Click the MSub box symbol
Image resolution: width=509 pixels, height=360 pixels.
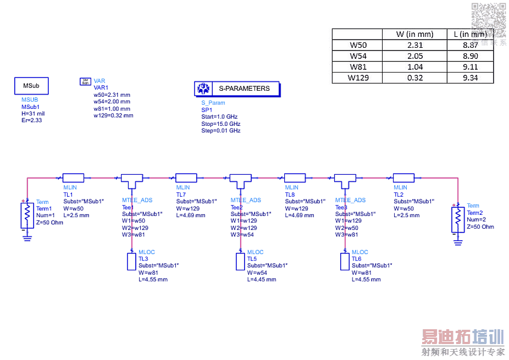[x=31, y=86]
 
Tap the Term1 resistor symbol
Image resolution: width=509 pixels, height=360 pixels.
[x=25, y=215]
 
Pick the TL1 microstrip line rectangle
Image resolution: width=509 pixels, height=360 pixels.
[x=74, y=178]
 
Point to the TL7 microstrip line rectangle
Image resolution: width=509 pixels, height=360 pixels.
[x=186, y=178]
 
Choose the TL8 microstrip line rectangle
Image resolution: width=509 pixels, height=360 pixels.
[x=295, y=178]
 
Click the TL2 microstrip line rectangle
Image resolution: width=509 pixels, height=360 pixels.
[x=403, y=178]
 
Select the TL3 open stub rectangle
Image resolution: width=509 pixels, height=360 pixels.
[x=131, y=262]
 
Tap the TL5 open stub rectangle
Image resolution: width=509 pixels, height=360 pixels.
[x=240, y=262]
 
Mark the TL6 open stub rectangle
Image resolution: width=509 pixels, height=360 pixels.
[x=345, y=262]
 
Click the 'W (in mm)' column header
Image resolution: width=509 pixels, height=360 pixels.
[x=414, y=34]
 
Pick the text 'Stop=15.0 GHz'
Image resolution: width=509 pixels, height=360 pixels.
[x=220, y=124]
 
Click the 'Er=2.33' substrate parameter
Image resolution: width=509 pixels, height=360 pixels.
[x=31, y=120]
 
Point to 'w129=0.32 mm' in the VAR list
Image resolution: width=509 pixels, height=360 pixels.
[x=113, y=115]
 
